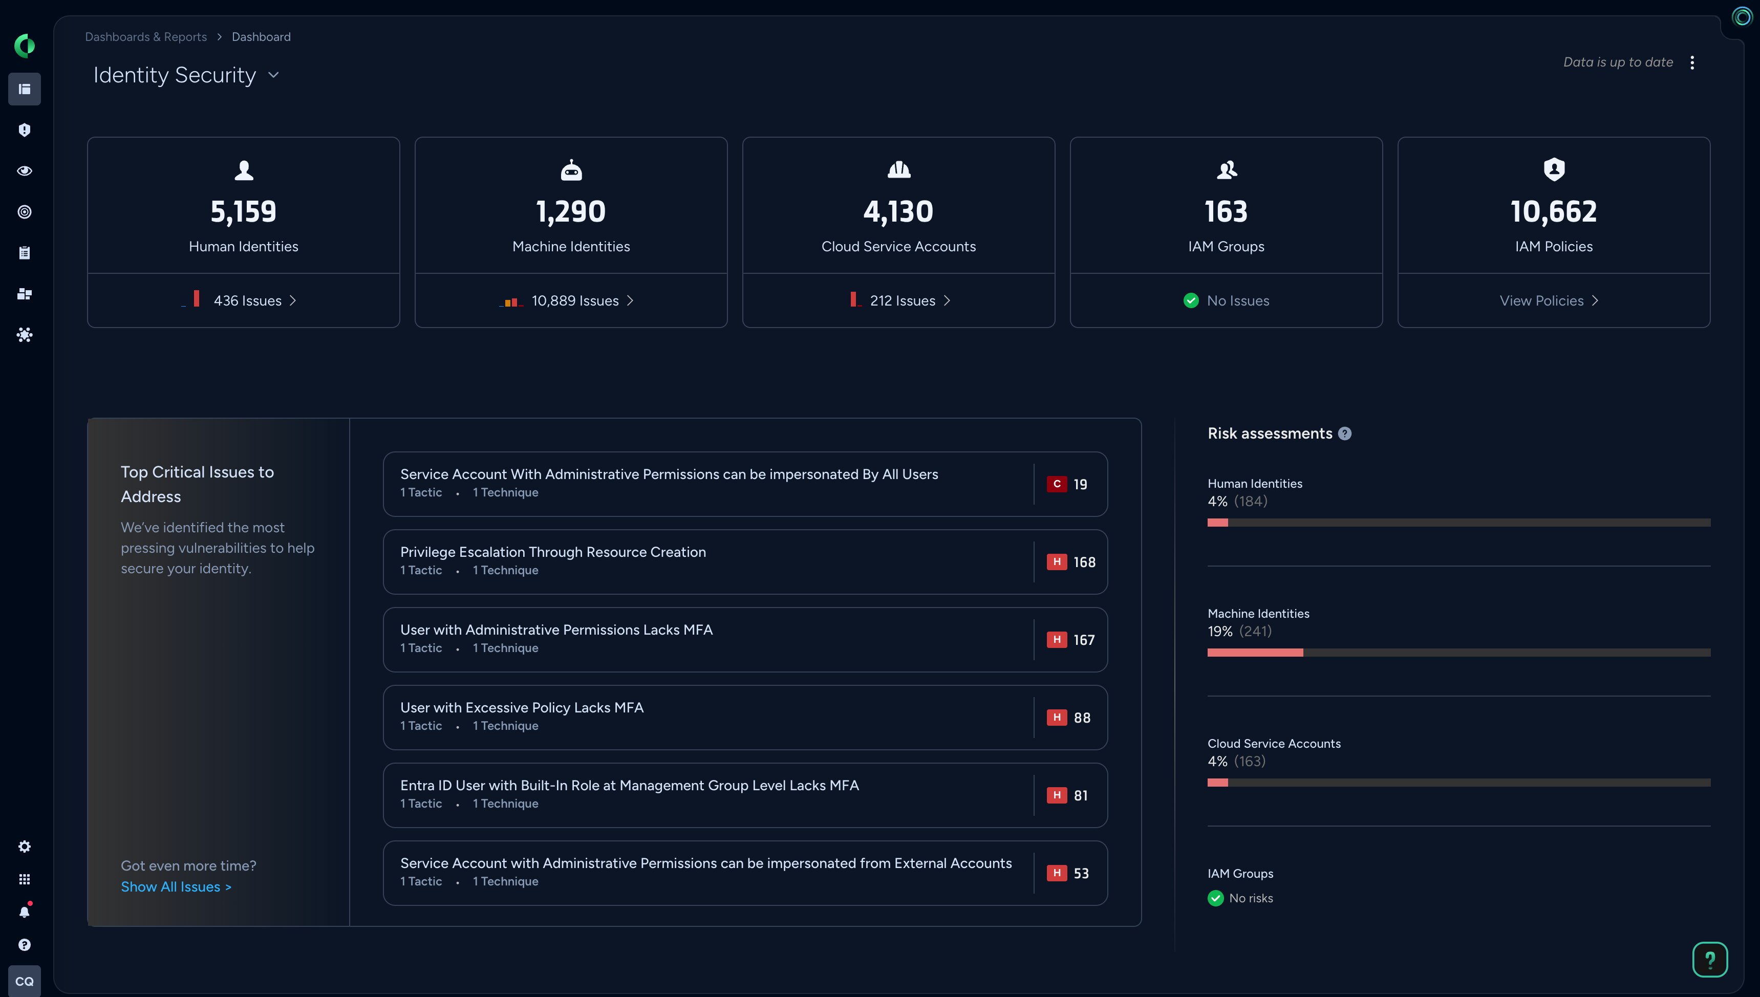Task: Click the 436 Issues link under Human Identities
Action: click(x=248, y=300)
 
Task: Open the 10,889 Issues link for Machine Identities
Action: click(x=575, y=300)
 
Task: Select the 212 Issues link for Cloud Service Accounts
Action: click(x=903, y=300)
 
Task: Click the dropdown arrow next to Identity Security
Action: click(x=274, y=75)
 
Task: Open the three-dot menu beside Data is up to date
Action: click(x=1692, y=63)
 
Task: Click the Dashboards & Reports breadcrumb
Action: click(x=146, y=37)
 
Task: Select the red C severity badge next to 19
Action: click(x=1057, y=484)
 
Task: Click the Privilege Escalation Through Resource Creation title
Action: click(x=553, y=552)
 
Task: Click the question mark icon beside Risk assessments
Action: click(x=1345, y=434)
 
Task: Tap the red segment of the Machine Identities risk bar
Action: click(x=1255, y=653)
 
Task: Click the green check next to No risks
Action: click(x=1215, y=898)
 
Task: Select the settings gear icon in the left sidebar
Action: click(x=25, y=847)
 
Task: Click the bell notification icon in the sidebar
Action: click(x=25, y=912)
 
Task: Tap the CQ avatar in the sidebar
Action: click(x=25, y=981)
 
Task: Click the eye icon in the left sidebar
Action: click(x=25, y=171)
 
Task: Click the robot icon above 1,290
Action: click(x=571, y=170)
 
